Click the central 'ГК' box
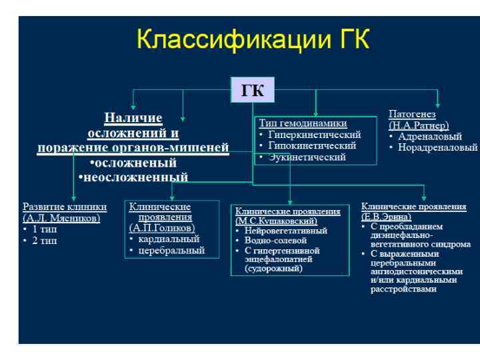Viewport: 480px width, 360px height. pyautogui.click(x=252, y=91)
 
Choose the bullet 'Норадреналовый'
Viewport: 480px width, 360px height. pyautogui.click(x=437, y=147)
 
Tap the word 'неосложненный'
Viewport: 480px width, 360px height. pyautogui.click(x=136, y=177)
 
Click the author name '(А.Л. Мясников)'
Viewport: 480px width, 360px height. pyautogui.click(x=61, y=217)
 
